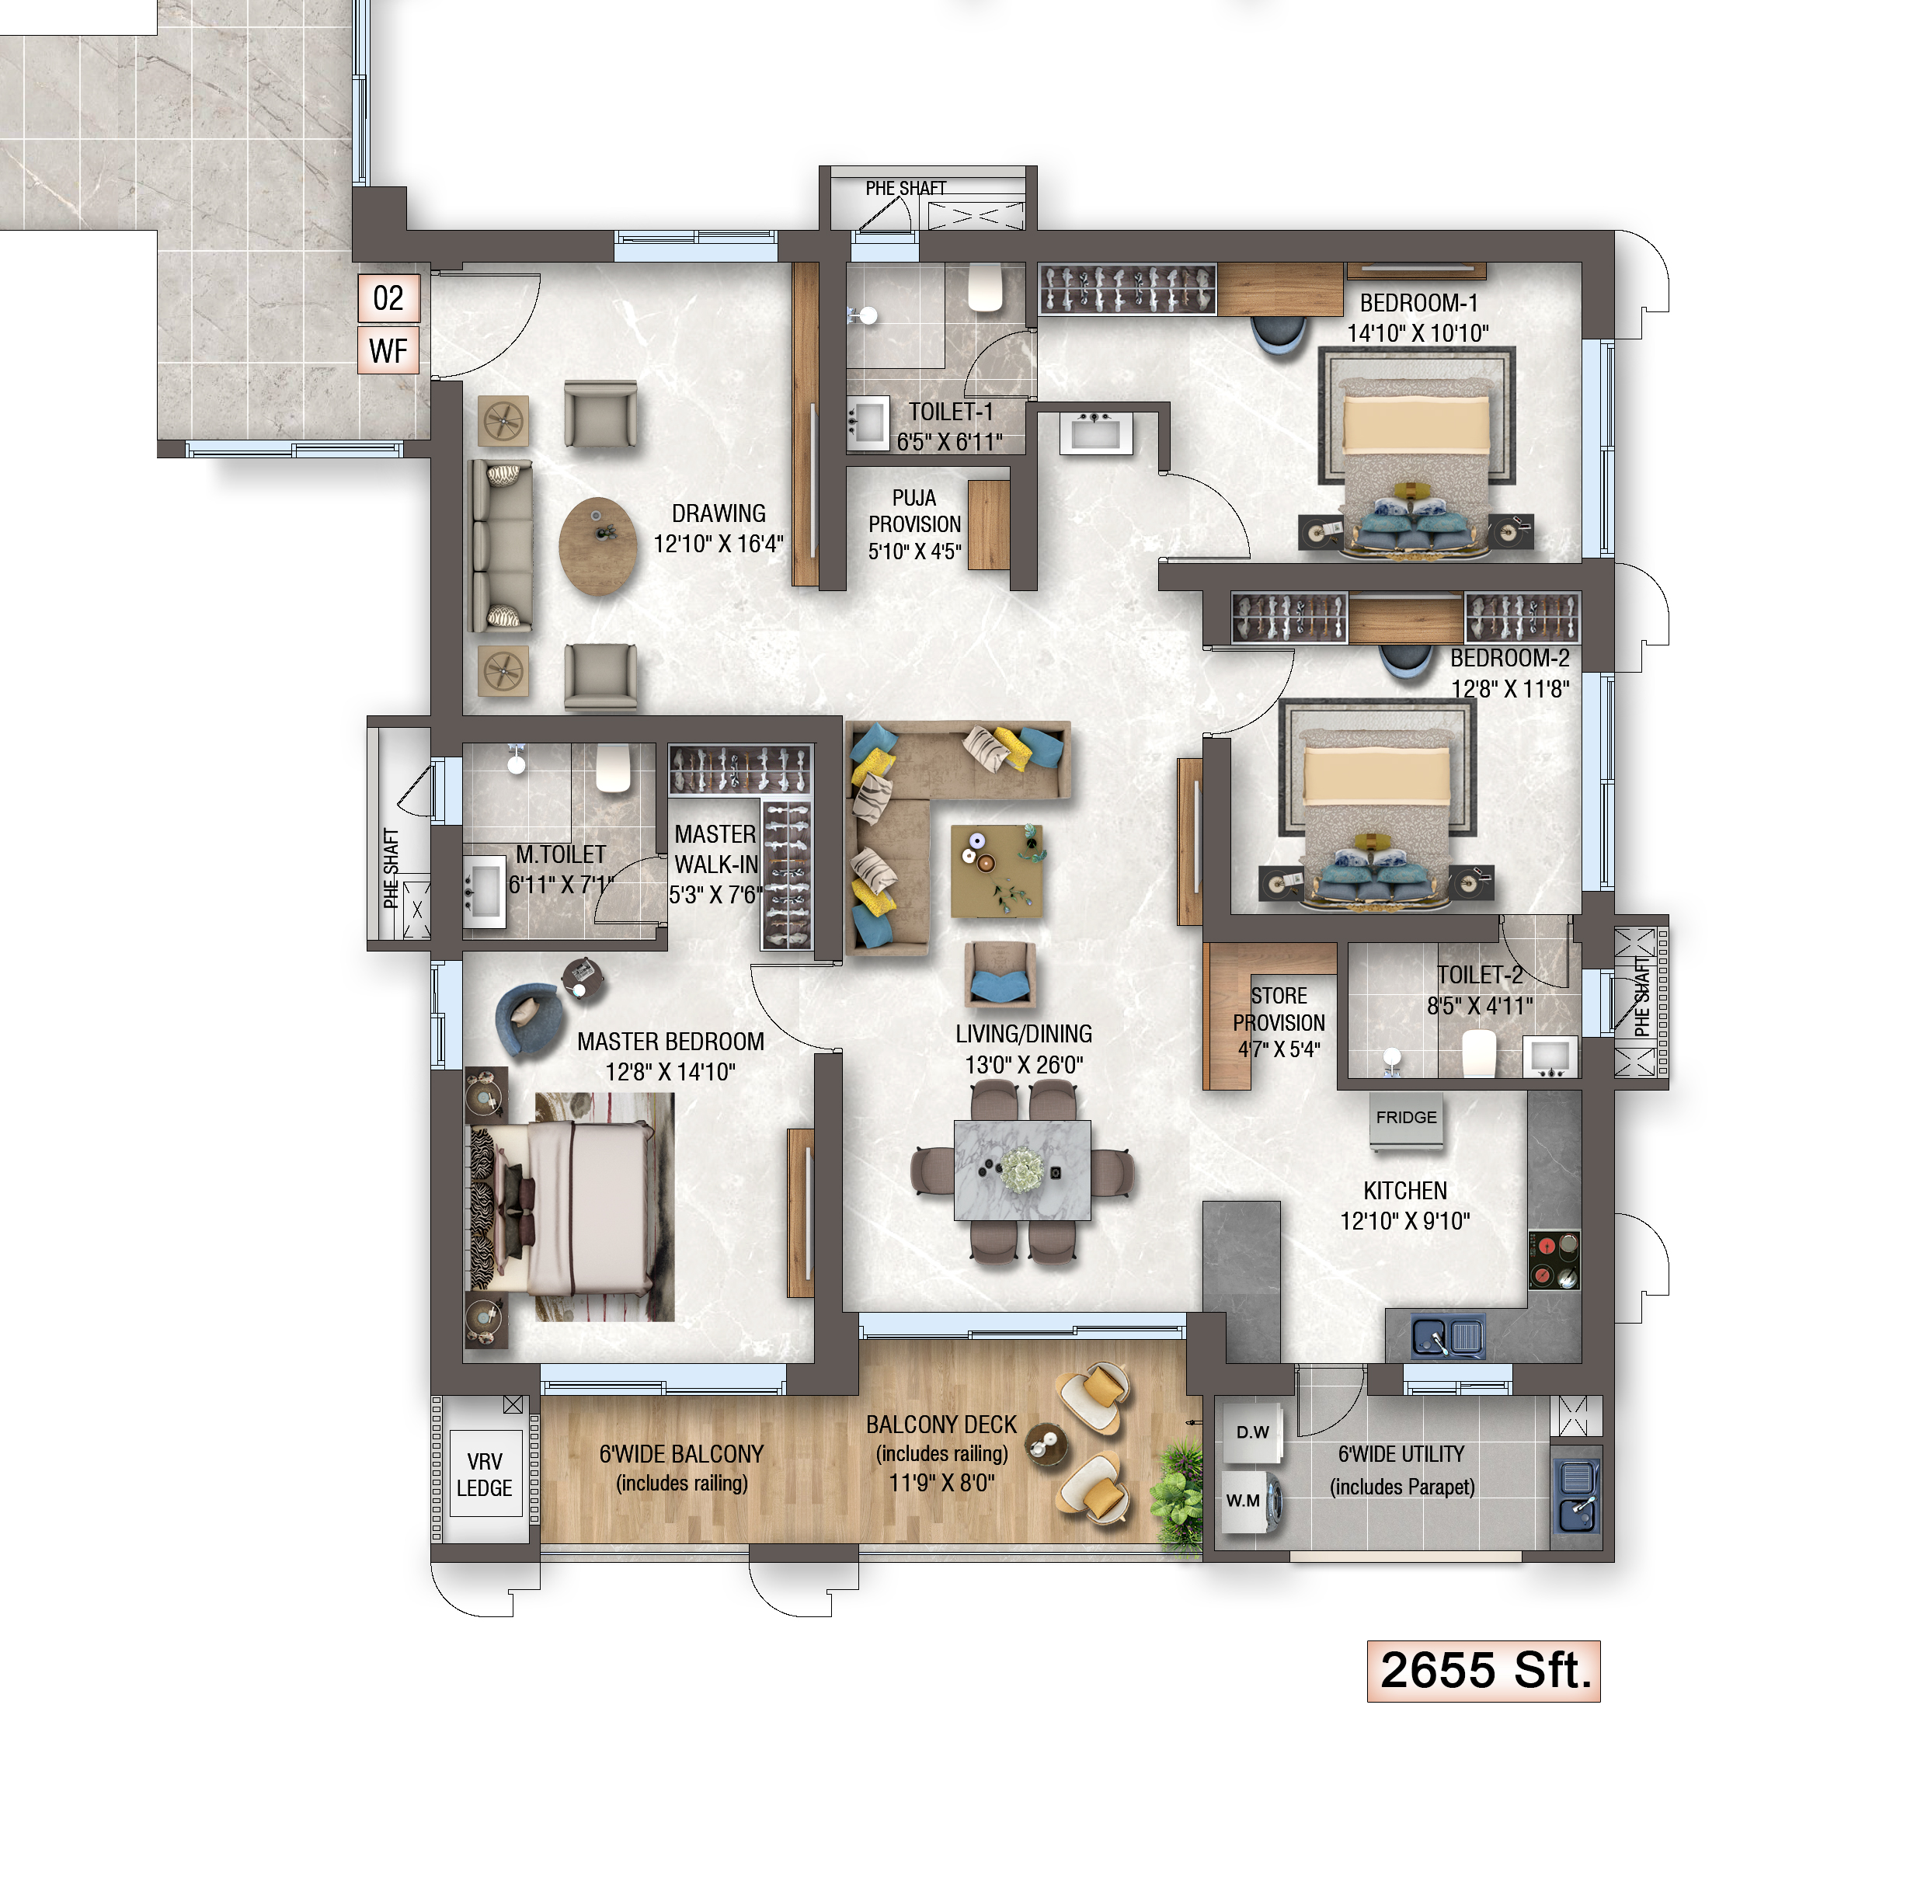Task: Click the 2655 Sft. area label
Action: coord(1482,1670)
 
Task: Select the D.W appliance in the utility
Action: coord(1251,1432)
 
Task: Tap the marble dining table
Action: coord(1021,1170)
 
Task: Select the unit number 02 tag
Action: coord(388,298)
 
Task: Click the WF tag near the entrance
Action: coord(388,350)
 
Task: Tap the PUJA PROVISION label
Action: coord(913,524)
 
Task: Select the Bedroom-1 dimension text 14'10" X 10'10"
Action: coord(1417,333)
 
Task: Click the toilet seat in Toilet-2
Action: coord(1477,1051)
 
